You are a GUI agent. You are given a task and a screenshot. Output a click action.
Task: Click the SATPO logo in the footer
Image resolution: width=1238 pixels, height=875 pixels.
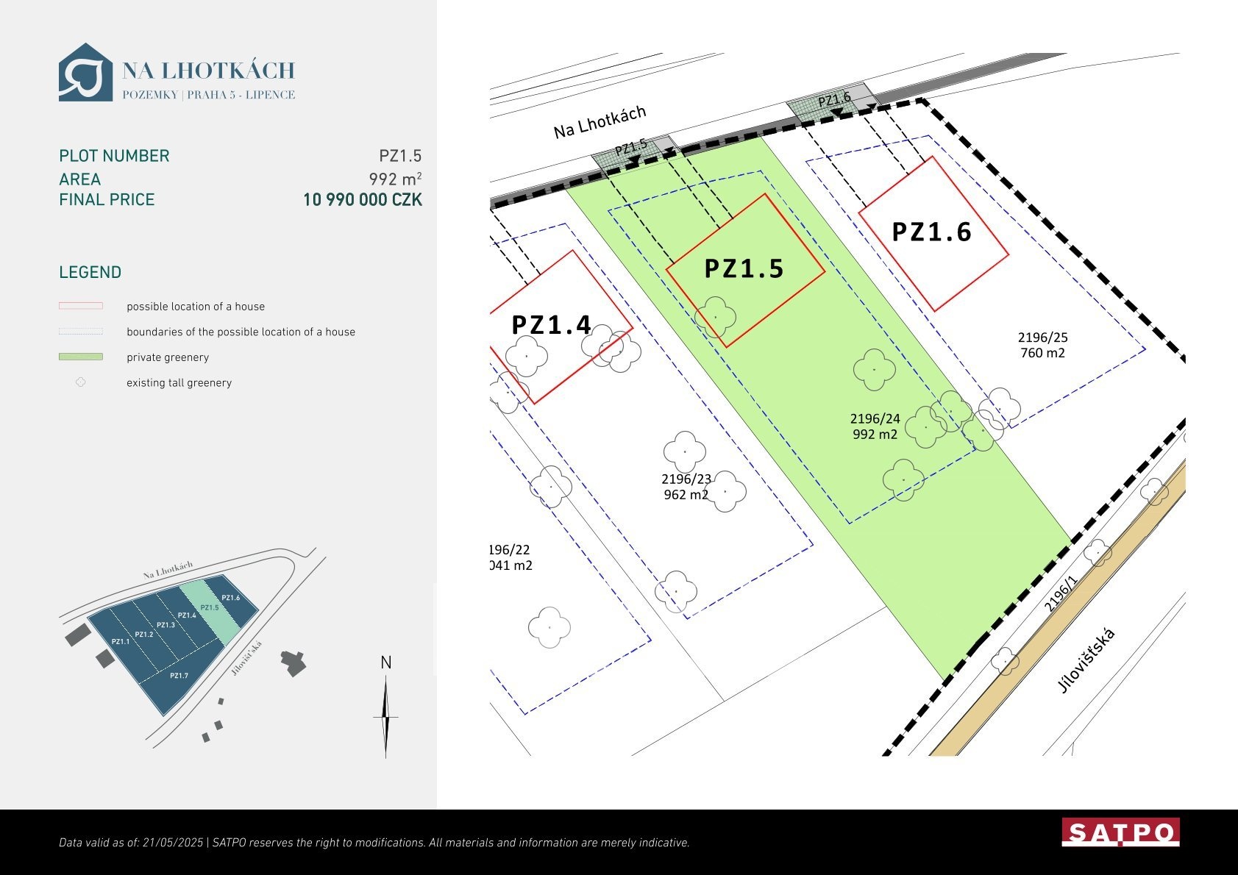[1120, 832]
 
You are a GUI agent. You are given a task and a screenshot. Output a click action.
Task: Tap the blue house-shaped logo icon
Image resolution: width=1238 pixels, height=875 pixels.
[85, 72]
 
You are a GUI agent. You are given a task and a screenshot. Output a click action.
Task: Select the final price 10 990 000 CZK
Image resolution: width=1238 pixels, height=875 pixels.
[363, 199]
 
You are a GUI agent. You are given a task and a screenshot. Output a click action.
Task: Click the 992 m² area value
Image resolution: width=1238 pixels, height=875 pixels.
[395, 179]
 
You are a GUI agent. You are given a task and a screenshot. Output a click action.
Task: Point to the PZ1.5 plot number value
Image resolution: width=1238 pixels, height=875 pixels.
[400, 156]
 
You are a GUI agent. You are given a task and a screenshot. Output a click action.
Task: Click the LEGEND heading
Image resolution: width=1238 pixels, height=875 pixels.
[90, 272]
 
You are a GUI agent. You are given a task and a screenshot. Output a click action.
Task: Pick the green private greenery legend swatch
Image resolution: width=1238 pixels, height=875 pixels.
[81, 357]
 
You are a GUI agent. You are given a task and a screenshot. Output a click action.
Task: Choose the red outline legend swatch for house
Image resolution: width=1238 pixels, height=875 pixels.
[81, 306]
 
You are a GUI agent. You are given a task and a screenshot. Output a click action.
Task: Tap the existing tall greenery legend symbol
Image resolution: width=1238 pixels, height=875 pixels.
[81, 382]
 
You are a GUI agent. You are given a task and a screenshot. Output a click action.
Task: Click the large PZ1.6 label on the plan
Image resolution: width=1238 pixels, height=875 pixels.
[932, 232]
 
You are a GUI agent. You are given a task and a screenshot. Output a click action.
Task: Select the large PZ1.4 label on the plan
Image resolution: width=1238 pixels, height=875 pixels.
[551, 325]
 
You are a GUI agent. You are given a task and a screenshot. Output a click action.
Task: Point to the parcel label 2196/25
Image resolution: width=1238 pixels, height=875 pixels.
[1043, 337]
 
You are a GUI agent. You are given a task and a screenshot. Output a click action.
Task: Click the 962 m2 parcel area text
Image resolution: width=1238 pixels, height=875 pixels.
[686, 494]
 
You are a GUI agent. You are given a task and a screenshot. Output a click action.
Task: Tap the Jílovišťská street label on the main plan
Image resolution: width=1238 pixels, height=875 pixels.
[1086, 661]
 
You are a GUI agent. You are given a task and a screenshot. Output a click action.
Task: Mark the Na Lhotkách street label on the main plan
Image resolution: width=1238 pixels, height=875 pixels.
[600, 121]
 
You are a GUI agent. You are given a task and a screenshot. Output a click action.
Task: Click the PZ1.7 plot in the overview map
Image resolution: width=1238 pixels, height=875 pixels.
[179, 676]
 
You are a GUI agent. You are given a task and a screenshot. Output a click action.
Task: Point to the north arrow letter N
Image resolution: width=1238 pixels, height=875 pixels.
[385, 662]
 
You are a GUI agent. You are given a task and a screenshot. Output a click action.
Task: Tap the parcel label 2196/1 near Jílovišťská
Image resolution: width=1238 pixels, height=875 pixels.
[1061, 593]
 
